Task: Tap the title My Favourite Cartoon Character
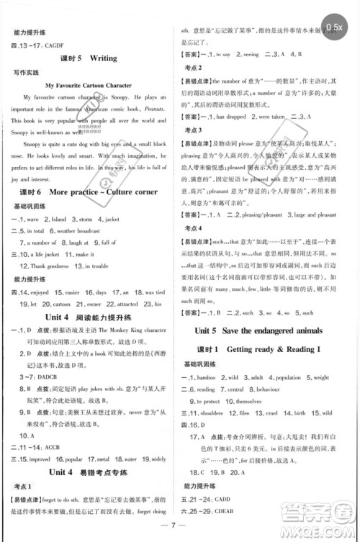coord(90,85)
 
